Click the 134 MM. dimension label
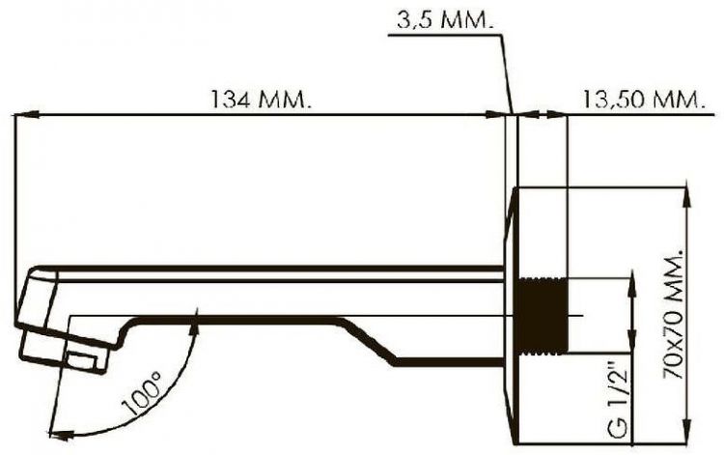261,99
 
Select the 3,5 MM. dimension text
444,20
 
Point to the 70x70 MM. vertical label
673,315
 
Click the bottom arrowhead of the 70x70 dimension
688,433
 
